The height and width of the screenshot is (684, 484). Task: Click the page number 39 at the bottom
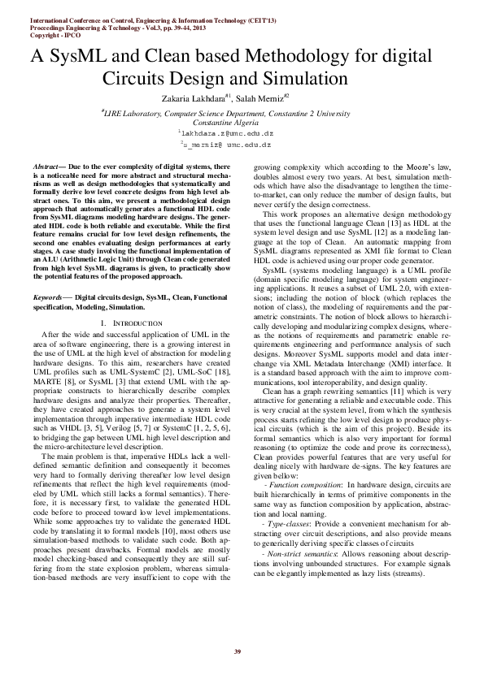(x=238, y=652)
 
